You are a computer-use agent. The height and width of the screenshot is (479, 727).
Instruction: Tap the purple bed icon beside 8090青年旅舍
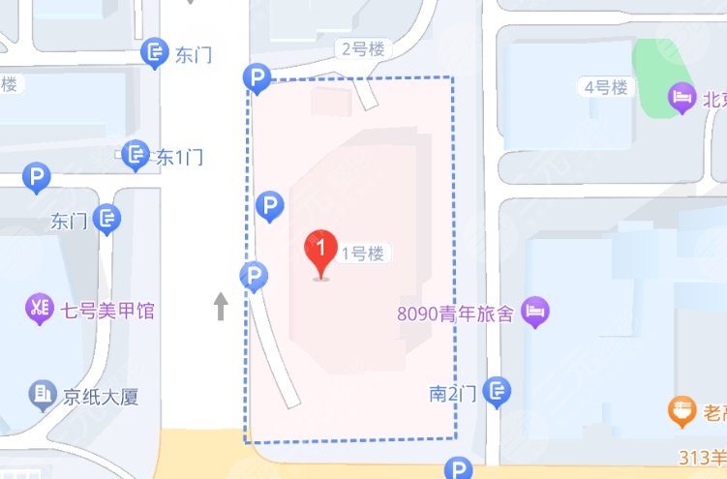coord(534,313)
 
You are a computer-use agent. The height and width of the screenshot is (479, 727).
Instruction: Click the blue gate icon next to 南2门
coord(498,392)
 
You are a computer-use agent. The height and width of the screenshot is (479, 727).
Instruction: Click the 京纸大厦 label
coord(101,398)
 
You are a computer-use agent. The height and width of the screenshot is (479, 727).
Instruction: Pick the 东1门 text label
coord(179,156)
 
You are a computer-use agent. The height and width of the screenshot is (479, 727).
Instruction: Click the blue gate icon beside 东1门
coord(136,155)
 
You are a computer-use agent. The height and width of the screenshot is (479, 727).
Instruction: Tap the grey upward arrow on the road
coord(221,307)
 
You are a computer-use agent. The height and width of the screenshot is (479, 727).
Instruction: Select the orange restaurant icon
coord(684,411)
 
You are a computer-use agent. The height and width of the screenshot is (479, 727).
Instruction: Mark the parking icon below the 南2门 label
coord(458,469)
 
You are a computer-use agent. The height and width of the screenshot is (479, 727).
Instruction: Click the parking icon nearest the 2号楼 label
coord(257,78)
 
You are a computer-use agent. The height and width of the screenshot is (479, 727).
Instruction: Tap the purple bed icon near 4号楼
coord(682,97)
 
